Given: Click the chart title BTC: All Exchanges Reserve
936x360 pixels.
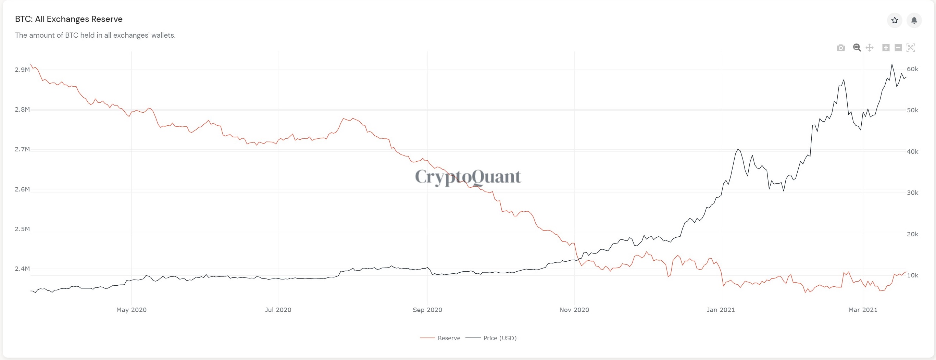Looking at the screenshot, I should pyautogui.click(x=69, y=19).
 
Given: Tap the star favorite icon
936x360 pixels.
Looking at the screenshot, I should pyautogui.click(x=895, y=20).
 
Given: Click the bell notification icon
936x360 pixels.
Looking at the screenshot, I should pyautogui.click(x=914, y=20).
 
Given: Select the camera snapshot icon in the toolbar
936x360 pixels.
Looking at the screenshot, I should pyautogui.click(x=840, y=48).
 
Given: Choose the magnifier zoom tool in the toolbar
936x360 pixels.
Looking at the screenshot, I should pyautogui.click(x=857, y=48).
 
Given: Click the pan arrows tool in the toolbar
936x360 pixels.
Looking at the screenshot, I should pyautogui.click(x=870, y=48).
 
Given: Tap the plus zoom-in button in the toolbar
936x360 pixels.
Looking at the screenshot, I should pyautogui.click(x=886, y=48).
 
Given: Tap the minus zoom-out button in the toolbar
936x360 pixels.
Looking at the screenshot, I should pyautogui.click(x=898, y=48).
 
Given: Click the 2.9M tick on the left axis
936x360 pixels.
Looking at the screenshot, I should pyautogui.click(x=22, y=70).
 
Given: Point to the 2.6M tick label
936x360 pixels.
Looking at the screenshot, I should pyautogui.click(x=22, y=189).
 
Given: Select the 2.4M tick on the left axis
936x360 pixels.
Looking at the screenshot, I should pyautogui.click(x=22, y=269).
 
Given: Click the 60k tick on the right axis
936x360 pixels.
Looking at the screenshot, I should pyautogui.click(x=912, y=69).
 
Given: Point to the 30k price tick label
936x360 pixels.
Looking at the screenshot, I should pyautogui.click(x=912, y=193).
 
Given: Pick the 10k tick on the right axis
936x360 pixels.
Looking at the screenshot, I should pyautogui.click(x=912, y=275).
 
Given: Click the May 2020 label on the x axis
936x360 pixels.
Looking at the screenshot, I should pyautogui.click(x=131, y=310).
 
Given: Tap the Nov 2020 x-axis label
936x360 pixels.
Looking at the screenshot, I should pyautogui.click(x=574, y=310).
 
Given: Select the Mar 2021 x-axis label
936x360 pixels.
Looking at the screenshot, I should pyautogui.click(x=863, y=310).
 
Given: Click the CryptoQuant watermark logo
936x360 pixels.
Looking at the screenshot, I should pyautogui.click(x=468, y=177).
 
